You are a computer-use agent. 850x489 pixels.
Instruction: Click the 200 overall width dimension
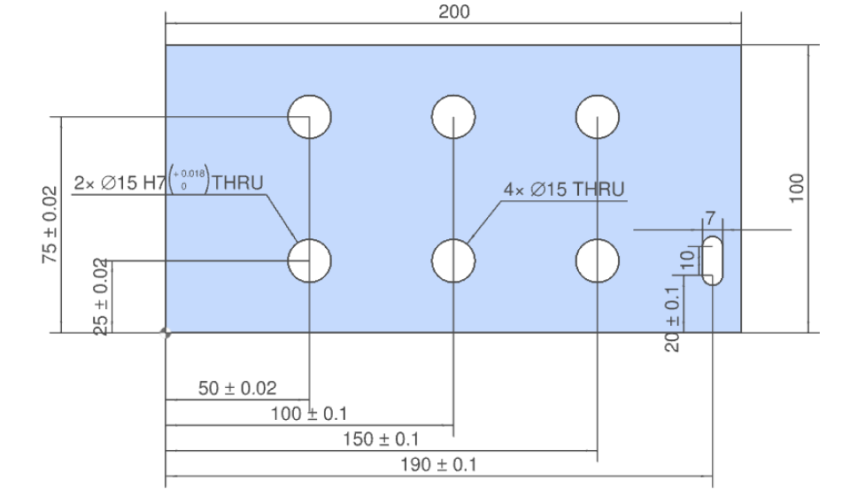(454, 12)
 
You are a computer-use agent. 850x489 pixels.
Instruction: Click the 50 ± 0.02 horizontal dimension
(237, 388)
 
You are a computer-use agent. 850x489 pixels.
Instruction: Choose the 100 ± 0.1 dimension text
(308, 414)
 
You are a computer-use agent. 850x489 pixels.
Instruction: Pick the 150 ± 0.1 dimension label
(381, 439)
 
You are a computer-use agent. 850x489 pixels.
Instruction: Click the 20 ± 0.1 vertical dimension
(673, 318)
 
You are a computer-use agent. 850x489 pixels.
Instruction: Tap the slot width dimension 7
(710, 218)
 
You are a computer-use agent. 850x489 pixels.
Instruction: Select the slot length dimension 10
(687, 259)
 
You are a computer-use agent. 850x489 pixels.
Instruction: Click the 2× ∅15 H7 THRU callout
(168, 183)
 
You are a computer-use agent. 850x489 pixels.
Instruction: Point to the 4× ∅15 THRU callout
(564, 190)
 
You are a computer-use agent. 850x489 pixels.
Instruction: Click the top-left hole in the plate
(310, 116)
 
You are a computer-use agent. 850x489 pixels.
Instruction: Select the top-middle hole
(453, 116)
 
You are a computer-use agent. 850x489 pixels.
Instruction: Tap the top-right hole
(598, 116)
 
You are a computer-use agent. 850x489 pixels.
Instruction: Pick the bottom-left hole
(310, 260)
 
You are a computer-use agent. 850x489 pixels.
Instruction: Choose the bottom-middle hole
(453, 260)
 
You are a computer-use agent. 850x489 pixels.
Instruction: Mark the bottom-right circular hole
(598, 260)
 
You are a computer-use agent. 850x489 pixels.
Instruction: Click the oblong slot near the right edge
(713, 260)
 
